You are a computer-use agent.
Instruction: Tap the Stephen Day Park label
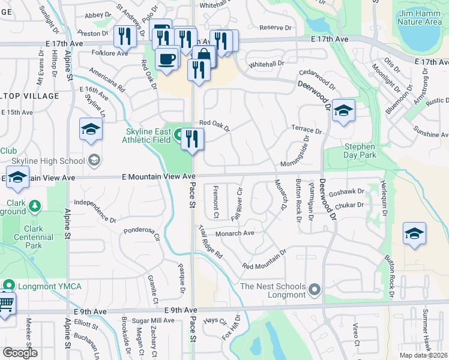click(360, 151)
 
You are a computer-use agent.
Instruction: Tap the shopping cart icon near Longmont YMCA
click(5, 302)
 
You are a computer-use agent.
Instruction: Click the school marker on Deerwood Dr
click(343, 111)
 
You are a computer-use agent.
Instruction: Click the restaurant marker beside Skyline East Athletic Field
click(193, 140)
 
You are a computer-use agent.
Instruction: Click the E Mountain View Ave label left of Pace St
click(158, 177)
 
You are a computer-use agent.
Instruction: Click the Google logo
click(20, 353)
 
